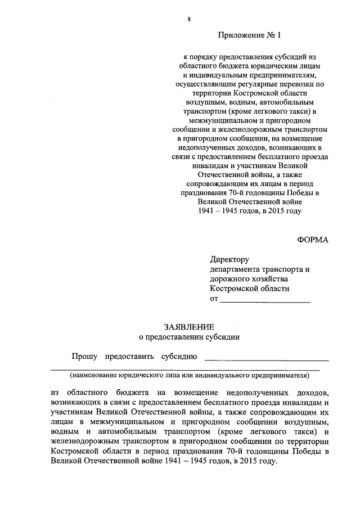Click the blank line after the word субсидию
coord(267,357)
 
